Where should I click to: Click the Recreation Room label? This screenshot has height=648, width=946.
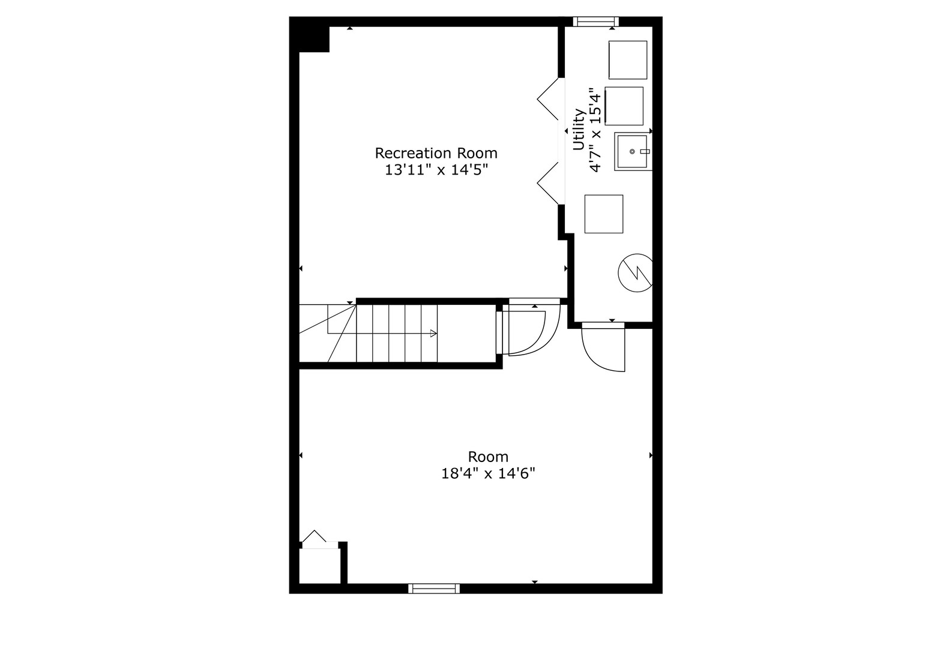[436, 153]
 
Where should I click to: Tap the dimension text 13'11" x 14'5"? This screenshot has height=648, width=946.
[436, 170]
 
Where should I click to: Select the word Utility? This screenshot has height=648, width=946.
[579, 129]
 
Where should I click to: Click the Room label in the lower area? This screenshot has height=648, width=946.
[488, 457]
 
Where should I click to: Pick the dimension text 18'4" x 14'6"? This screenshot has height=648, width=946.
[488, 474]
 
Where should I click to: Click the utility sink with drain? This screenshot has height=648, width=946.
[633, 152]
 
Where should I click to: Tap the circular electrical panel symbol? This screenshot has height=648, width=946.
[635, 272]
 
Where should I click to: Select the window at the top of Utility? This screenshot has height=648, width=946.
[595, 22]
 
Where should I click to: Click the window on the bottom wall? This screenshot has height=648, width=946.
[434, 588]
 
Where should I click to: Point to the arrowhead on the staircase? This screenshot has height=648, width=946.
[434, 334]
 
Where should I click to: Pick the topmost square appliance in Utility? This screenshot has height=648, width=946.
[628, 59]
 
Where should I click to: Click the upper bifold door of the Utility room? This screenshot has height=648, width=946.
[548, 98]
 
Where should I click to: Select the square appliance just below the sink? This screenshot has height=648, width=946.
[603, 214]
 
